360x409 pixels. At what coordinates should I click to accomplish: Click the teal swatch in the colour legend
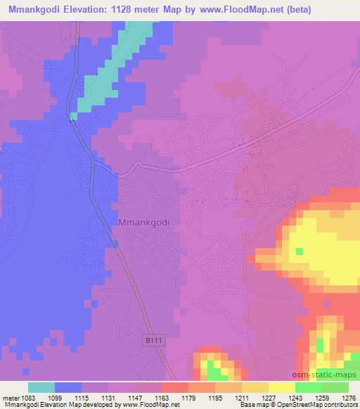point(41,387)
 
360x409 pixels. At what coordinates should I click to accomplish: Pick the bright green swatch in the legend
point(308,387)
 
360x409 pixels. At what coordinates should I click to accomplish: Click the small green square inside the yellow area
point(300,251)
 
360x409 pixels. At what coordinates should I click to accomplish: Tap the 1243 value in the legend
point(286,397)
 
